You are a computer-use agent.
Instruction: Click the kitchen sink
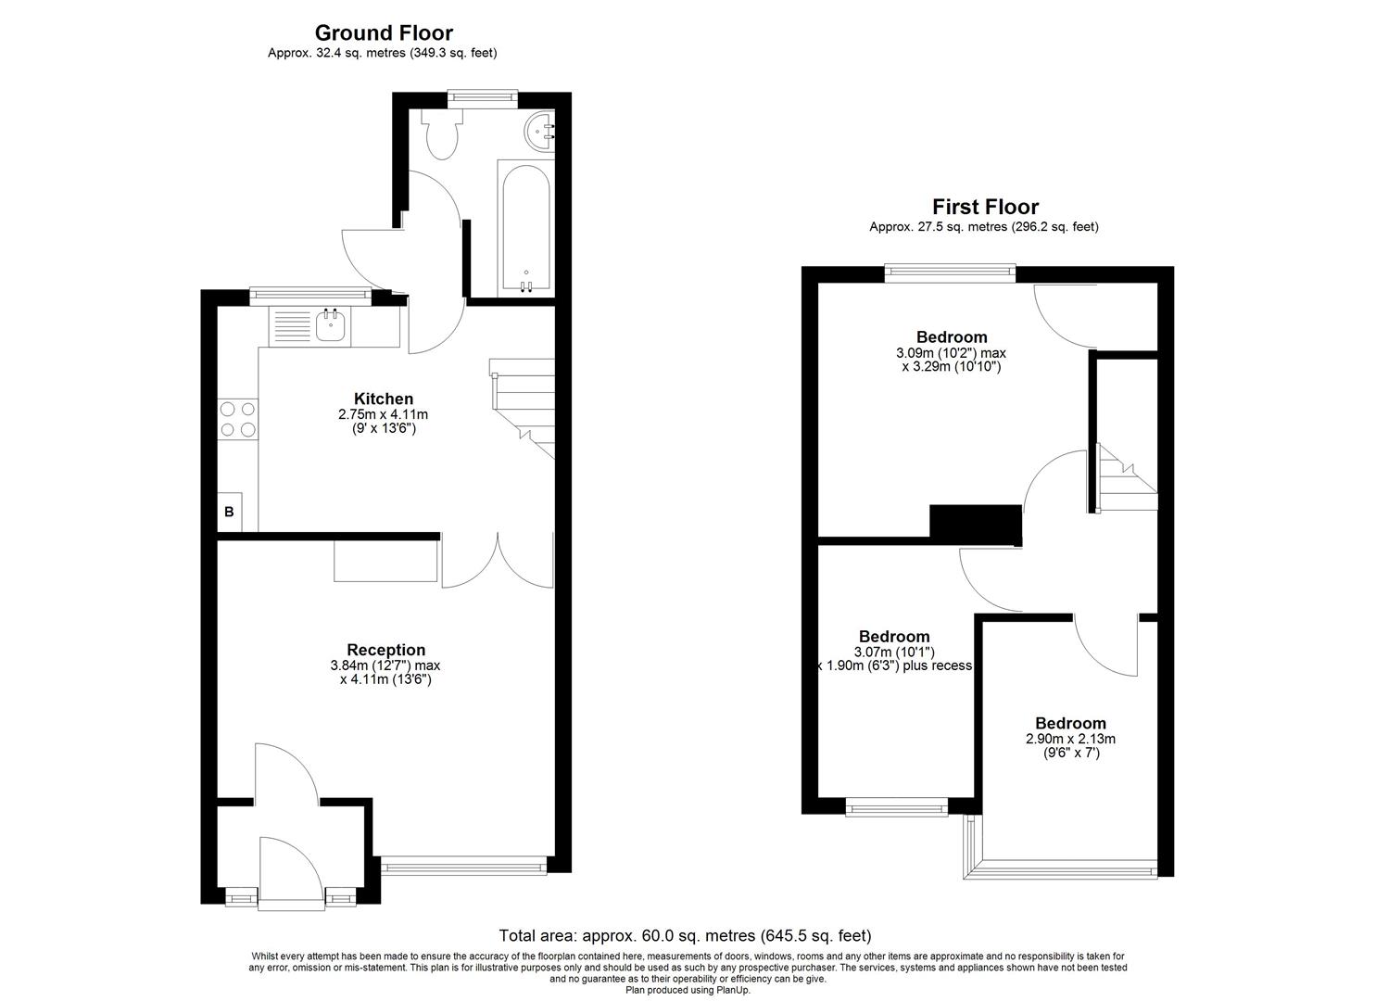331,326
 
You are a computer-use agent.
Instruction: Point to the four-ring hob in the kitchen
237,419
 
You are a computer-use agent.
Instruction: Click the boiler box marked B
229,512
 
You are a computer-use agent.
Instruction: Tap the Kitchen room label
383,399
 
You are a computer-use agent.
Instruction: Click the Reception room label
385,650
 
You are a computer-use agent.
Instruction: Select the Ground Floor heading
384,34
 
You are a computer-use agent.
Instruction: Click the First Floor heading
985,207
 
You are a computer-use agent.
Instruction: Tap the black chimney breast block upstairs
975,525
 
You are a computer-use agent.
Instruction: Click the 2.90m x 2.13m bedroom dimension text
1070,740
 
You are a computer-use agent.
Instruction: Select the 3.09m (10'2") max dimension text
951,353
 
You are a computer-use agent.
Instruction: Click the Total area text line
685,936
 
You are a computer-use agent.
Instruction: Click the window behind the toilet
482,95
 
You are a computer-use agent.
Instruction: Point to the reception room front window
463,867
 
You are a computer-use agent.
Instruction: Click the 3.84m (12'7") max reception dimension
385,665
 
